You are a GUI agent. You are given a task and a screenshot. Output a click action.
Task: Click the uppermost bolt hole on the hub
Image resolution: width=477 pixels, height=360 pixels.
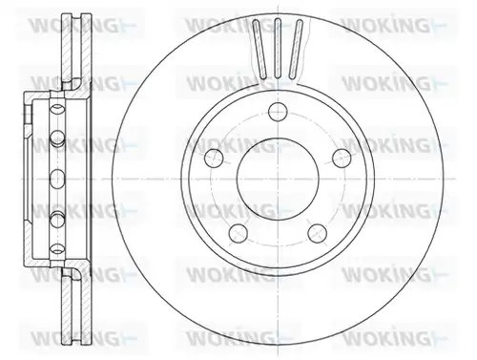point(278,112)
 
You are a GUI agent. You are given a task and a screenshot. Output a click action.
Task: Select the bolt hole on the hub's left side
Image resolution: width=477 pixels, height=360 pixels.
point(214,159)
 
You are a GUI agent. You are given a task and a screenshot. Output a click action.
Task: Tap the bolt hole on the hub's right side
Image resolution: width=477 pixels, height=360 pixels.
point(342,159)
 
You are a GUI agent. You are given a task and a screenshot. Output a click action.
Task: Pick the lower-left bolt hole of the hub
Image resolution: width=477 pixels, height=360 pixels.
point(238,233)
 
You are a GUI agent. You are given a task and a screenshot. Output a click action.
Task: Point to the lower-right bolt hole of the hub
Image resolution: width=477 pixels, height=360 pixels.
point(318,233)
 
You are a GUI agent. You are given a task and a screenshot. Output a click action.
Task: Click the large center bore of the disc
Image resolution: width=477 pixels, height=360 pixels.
point(278,179)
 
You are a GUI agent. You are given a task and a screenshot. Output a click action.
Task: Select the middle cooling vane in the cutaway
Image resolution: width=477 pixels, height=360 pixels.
point(278,48)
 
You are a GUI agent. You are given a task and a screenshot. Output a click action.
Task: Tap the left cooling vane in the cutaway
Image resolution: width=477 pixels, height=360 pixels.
point(259,49)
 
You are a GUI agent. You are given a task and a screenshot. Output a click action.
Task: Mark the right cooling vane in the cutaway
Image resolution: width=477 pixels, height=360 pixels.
point(296,49)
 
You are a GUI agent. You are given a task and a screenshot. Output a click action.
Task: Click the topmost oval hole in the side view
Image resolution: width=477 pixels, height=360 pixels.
point(57,110)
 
